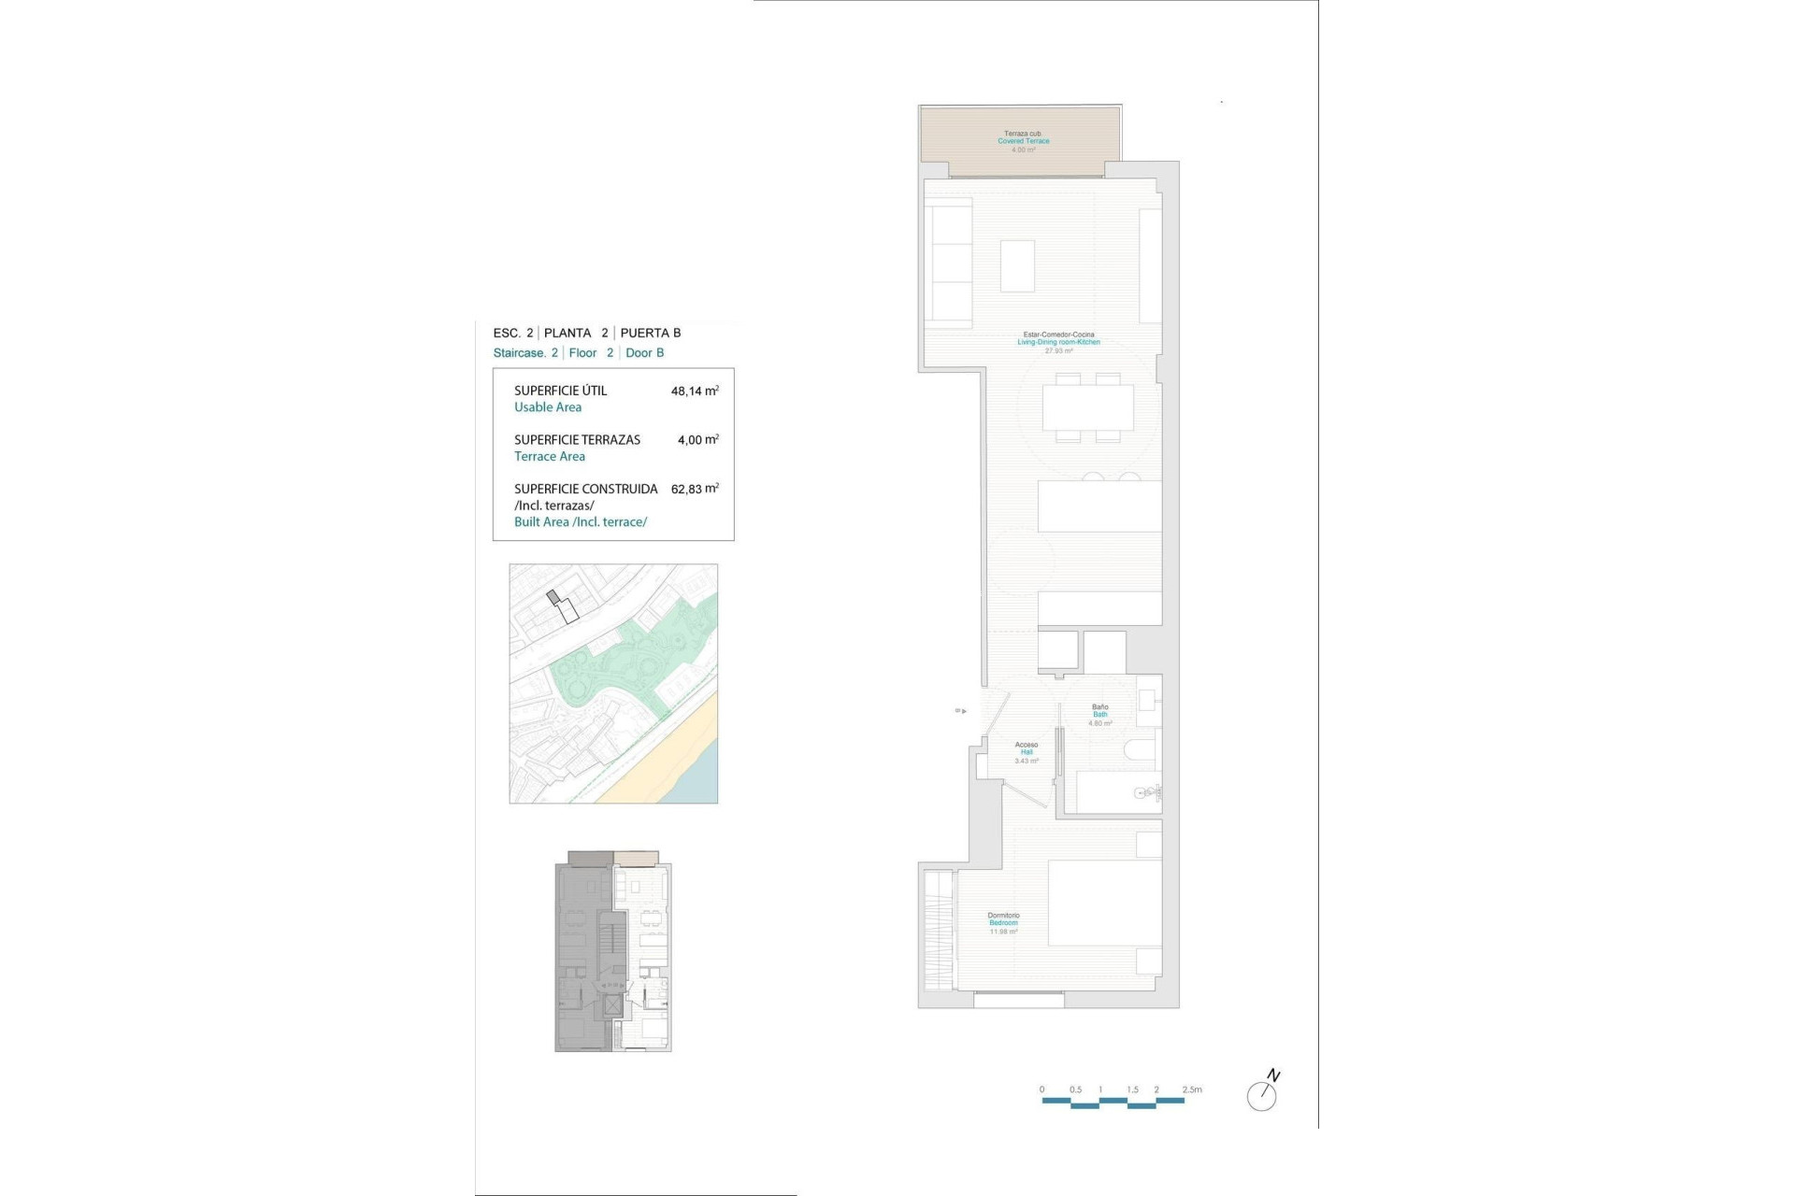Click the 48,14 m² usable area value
point(694,392)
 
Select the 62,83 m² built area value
point(694,489)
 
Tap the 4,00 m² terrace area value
point(697,440)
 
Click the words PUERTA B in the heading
point(651,333)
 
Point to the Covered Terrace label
point(1024,141)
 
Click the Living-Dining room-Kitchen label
point(1058,342)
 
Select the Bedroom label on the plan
point(1003,923)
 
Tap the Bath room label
point(1100,715)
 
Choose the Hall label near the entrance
point(1027,752)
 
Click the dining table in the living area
point(1088,407)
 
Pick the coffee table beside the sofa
point(1017,266)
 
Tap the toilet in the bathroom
point(1141,749)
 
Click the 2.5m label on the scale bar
point(1192,1089)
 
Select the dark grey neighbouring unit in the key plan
point(583,953)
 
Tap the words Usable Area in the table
point(548,407)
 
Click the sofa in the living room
point(948,263)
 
